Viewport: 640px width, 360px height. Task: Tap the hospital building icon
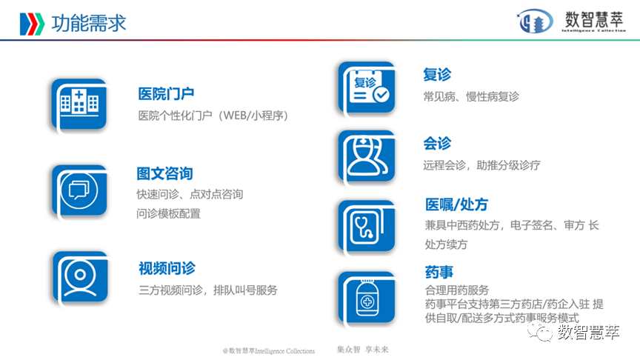point(79,104)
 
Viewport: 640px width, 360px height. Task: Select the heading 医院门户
point(166,94)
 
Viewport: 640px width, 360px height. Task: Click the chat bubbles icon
point(79,190)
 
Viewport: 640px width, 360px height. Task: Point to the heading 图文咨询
point(164,173)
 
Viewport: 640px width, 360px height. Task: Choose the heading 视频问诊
point(167,268)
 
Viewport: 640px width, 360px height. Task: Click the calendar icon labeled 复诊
point(366,88)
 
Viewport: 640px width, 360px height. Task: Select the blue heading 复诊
point(437,75)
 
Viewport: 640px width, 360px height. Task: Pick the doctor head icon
point(366,156)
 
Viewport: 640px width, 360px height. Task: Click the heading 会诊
point(437,144)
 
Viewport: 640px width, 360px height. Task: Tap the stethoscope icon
point(366,226)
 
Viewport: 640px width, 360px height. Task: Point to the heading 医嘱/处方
point(456,204)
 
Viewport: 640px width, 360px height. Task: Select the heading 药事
point(439,272)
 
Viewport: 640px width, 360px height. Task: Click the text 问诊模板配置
point(168,213)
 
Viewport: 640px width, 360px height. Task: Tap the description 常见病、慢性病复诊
point(471,96)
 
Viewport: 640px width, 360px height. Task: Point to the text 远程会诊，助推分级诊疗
point(481,165)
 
